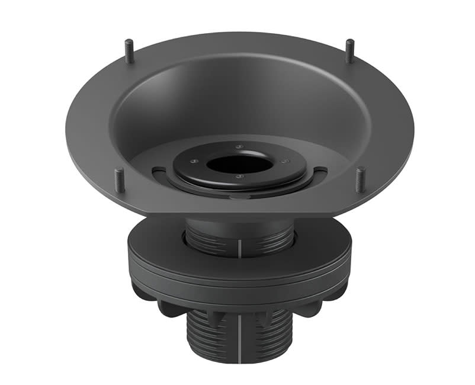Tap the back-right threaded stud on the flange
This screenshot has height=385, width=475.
(x=349, y=51)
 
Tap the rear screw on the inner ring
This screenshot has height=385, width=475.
(x=238, y=146)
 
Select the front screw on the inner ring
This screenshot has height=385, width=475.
(x=239, y=177)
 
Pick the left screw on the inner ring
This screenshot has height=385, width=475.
(x=193, y=159)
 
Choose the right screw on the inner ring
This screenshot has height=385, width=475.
(x=284, y=161)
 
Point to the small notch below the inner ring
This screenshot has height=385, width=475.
(x=239, y=196)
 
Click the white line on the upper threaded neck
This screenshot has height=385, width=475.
(x=239, y=249)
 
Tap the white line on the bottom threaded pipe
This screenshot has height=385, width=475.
(x=239, y=338)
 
